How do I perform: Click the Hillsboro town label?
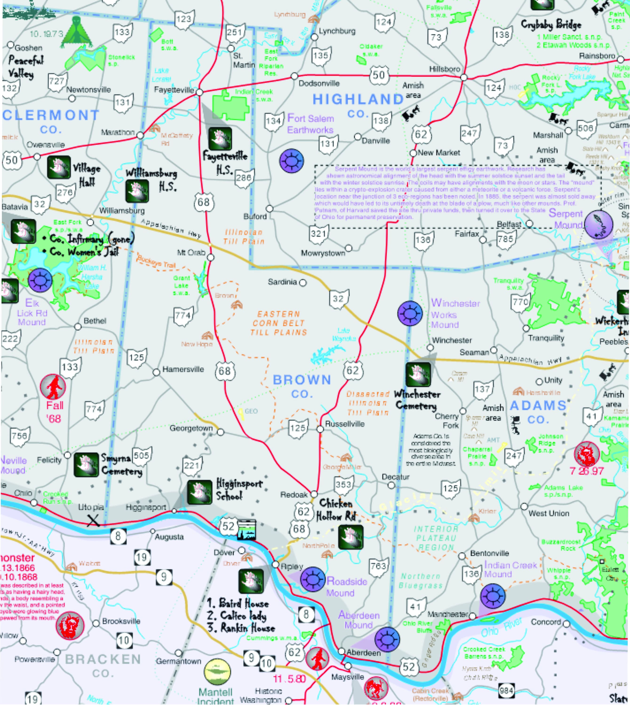pyautogui.click(x=444, y=69)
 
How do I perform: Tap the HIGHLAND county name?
pyautogui.click(x=358, y=100)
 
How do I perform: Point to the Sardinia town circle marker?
pyautogui.click(x=303, y=283)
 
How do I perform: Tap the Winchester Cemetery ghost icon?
pyautogui.click(x=418, y=375)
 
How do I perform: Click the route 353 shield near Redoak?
pyautogui.click(x=343, y=485)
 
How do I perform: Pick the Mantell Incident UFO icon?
pyautogui.click(x=217, y=672)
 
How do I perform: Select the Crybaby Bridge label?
pyautogui.click(x=551, y=25)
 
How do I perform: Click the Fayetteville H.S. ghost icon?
pyautogui.click(x=220, y=139)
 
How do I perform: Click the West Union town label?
pyautogui.click(x=548, y=513)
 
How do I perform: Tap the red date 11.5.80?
pyautogui.click(x=289, y=679)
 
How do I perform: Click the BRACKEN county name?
pyautogui.click(x=103, y=659)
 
